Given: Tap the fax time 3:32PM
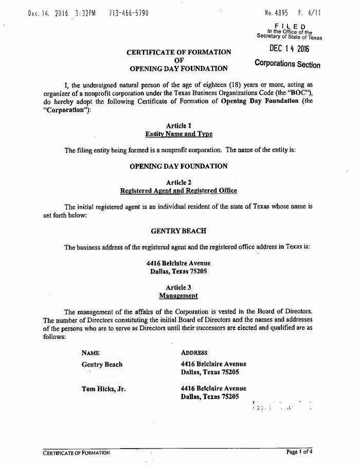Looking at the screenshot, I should (89, 12).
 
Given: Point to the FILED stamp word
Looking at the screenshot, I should (291, 26).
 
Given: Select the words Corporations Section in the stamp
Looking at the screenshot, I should (287, 64).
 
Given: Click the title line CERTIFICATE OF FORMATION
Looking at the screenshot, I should (178, 52).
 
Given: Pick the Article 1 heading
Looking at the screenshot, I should (178, 126).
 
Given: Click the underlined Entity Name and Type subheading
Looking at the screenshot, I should (178, 134).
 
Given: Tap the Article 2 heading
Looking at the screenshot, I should (178, 182).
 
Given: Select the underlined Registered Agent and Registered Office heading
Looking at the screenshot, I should (178, 191).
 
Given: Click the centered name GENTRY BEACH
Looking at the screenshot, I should (178, 230).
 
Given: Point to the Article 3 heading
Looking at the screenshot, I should (178, 287).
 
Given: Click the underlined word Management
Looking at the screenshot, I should (178, 296).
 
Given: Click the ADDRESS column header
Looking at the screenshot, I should (194, 353).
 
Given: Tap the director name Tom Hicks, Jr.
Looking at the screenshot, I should (104, 389).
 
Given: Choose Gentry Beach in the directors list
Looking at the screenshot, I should (102, 364).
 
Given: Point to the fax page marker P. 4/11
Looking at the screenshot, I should (310, 12).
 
